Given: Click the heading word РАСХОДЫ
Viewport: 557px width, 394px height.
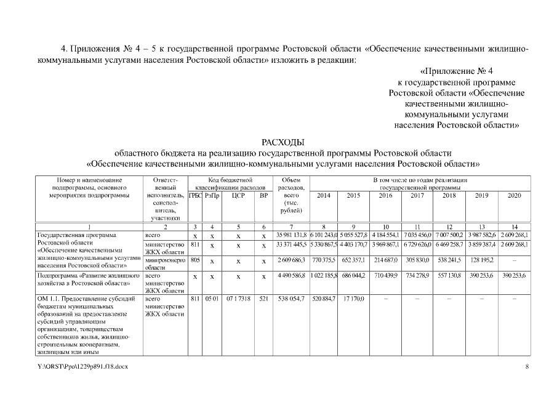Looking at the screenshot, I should point(283,142).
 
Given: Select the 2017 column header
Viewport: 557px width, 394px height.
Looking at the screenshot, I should point(417,195).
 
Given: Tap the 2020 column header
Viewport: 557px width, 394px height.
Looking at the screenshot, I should point(514,195).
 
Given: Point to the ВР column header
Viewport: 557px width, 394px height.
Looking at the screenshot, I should point(263,195).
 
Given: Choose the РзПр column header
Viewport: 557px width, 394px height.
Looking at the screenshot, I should point(212,195).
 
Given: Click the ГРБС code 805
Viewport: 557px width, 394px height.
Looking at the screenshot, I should point(194,260).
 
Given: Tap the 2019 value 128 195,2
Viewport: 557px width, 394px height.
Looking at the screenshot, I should point(481,261).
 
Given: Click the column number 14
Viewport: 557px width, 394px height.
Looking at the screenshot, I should point(514,227).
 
